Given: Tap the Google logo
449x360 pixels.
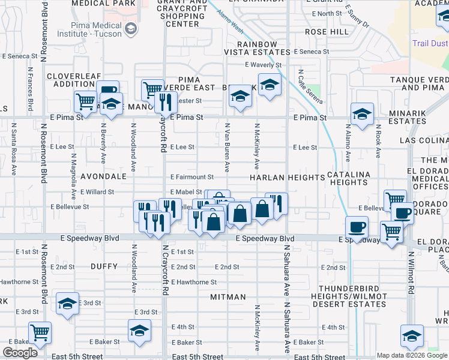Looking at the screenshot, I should tap(20, 353).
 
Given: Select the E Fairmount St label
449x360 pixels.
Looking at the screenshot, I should tap(192, 177).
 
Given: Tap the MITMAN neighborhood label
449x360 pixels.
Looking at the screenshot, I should tap(228, 297).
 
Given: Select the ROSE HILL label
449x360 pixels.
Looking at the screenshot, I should tap(326, 31).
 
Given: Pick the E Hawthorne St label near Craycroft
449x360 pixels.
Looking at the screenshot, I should tap(193, 282).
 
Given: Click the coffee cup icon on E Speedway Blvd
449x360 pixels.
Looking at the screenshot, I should tap(357, 227).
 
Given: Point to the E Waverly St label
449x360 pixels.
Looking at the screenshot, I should tap(263, 65).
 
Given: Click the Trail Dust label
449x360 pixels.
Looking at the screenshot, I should tap(430, 43).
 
